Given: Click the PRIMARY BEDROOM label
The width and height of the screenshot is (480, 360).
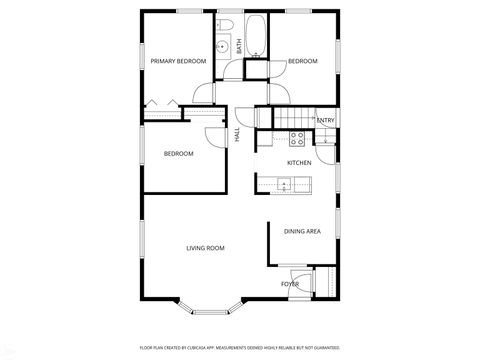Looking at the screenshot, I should [x=178, y=62].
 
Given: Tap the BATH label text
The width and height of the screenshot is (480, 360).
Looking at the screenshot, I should [x=239, y=45].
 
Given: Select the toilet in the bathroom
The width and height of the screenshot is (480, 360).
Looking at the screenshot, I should [x=227, y=24].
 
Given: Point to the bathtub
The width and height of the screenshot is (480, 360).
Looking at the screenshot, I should [x=257, y=34].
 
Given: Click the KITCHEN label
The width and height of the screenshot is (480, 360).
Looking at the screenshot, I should [x=299, y=162].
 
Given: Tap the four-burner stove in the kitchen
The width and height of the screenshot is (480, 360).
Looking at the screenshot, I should [x=296, y=137].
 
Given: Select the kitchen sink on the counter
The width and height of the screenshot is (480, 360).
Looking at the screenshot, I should [x=285, y=183].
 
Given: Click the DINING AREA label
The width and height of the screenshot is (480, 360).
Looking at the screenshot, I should [x=302, y=231].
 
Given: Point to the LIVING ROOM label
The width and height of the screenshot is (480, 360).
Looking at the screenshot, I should [x=205, y=247].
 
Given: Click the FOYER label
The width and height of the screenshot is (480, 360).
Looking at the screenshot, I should [x=290, y=284].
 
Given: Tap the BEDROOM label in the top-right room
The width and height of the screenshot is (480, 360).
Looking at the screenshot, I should [x=302, y=62].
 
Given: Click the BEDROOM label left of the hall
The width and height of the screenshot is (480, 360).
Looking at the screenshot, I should [x=178, y=153].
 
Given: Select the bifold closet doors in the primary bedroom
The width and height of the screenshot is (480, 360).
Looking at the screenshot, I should [x=162, y=102].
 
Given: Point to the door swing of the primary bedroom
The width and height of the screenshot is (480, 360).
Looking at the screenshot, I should [x=204, y=96].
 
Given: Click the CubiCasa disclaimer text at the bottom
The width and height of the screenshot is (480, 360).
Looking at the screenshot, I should [x=239, y=347].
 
